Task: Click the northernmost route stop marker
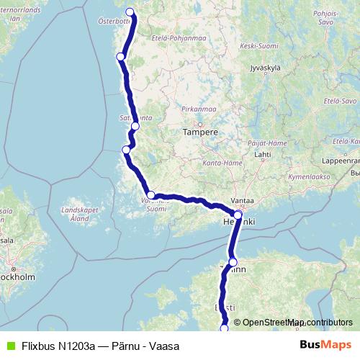[x=130, y=12]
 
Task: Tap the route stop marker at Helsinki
[x=238, y=215]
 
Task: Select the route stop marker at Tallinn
[x=233, y=262]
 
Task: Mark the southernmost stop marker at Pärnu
[x=224, y=328]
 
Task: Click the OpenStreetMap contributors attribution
[x=297, y=323]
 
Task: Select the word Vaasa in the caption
[x=166, y=346]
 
